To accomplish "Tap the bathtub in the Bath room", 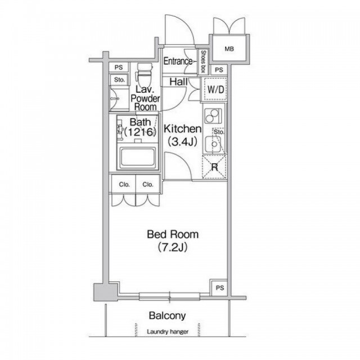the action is point(137,157).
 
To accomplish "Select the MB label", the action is point(229,49).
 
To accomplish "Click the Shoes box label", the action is point(203,62).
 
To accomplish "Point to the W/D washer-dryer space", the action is point(215,89).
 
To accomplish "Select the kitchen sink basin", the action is point(214,145).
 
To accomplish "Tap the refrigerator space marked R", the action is point(214,167).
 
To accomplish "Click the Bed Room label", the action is point(173,234).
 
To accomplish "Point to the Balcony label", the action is point(167,316).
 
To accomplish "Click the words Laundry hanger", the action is point(168,331).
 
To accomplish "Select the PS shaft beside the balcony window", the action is point(219,288).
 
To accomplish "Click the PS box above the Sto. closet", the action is point(119,67).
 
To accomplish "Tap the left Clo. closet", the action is point(124,184).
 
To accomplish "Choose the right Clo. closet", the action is point(148,184).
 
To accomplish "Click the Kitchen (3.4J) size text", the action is point(182,142).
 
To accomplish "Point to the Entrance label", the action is point(178,61).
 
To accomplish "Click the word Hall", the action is point(178,82).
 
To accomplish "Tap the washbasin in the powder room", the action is point(114,99).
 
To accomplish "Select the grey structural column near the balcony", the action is point(106,292).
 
